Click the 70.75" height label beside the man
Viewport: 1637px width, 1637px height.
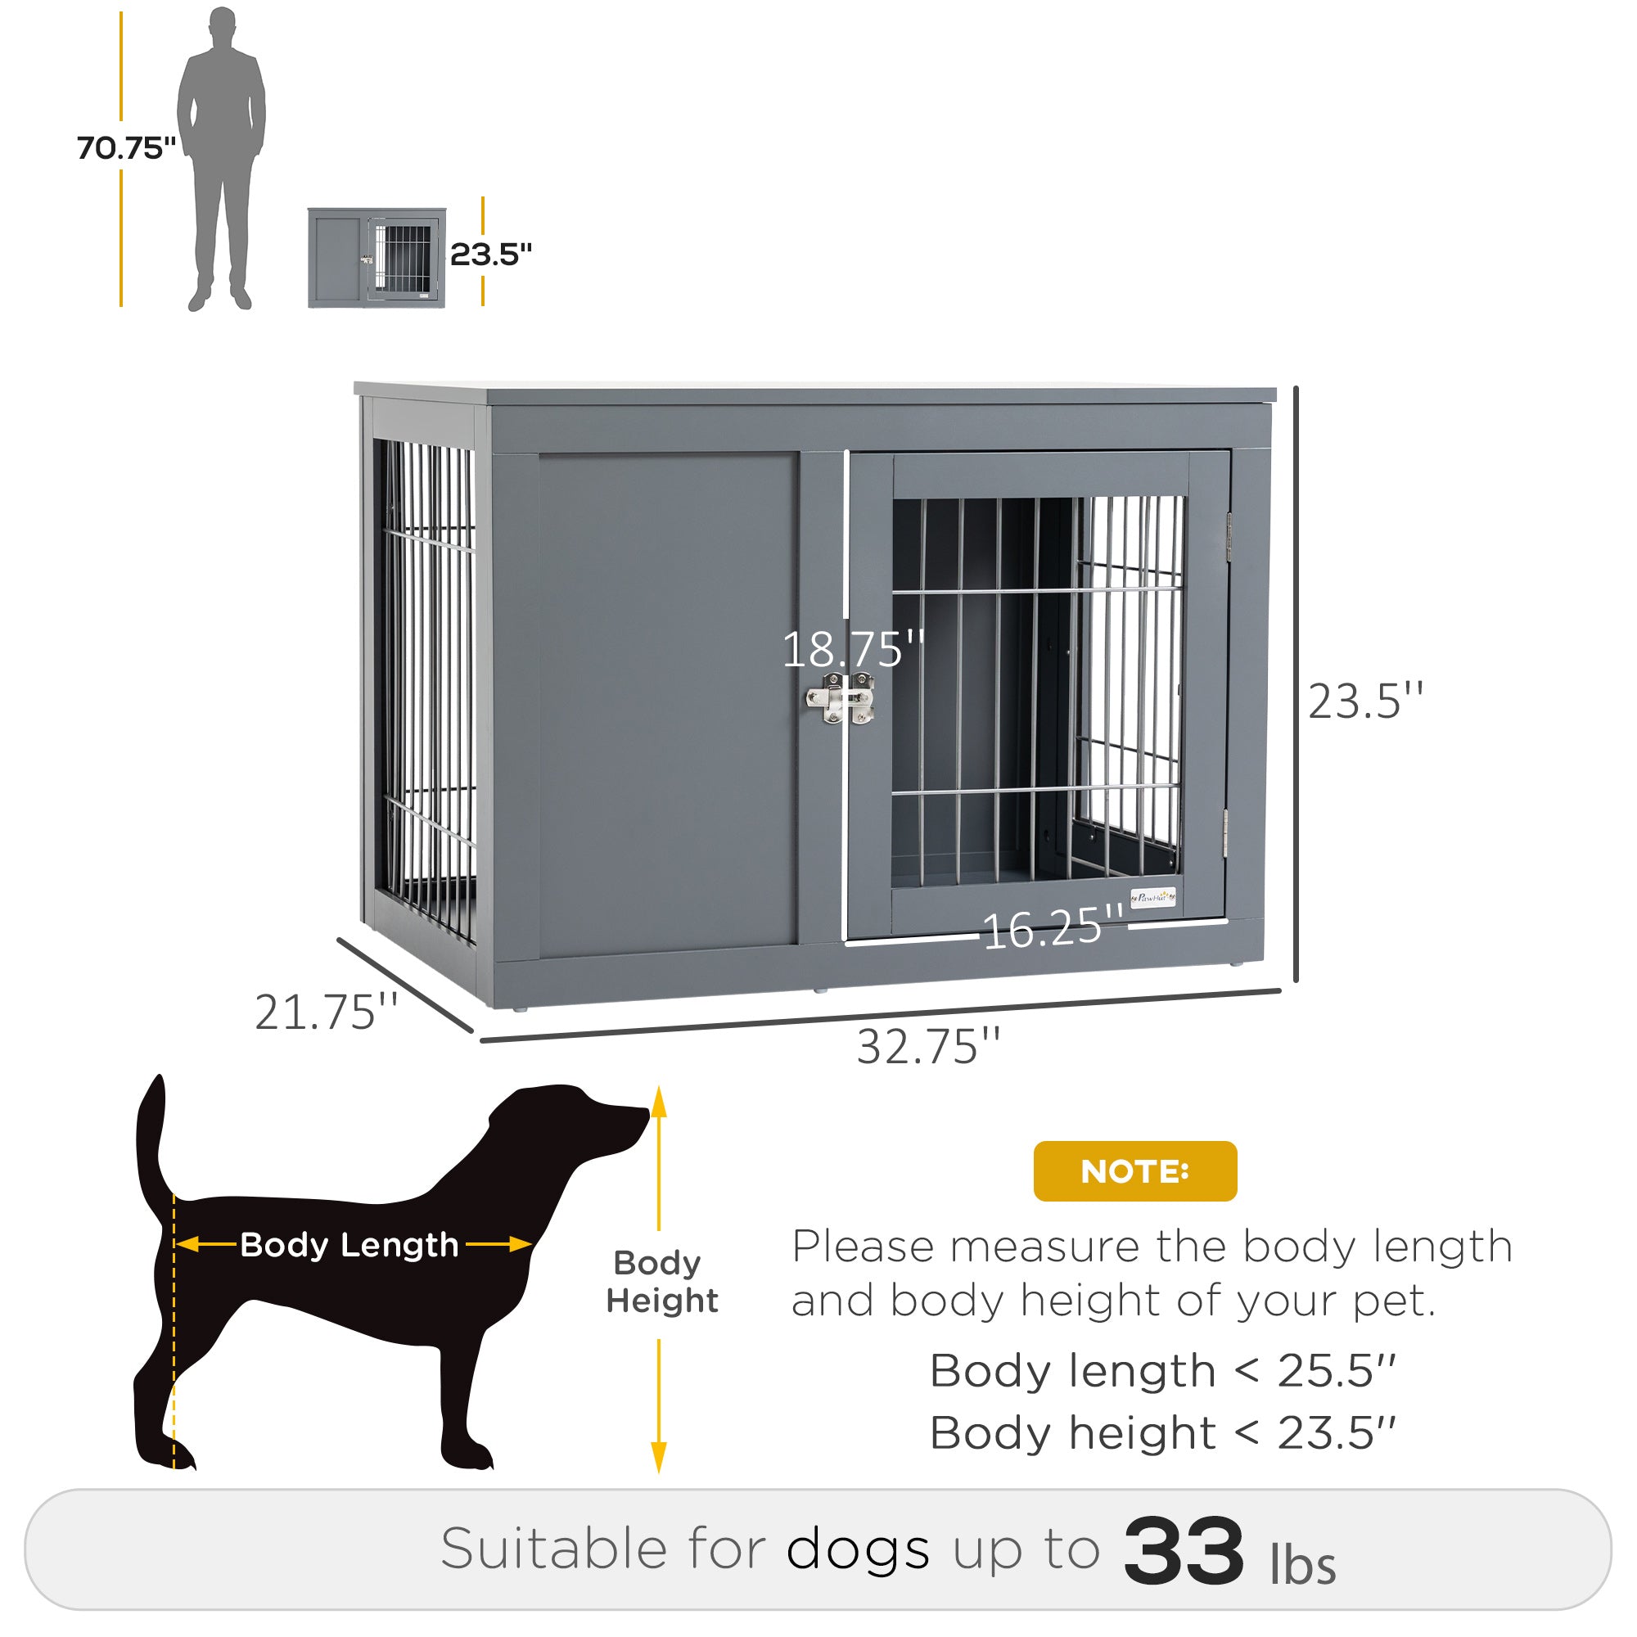click(x=125, y=147)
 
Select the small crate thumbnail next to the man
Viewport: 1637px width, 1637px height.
click(x=377, y=258)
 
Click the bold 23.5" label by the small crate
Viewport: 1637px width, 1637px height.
click(x=490, y=255)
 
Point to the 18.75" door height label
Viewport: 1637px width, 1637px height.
click(x=852, y=650)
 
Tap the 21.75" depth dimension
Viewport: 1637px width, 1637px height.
click(x=327, y=1012)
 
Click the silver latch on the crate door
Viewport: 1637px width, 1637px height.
click(x=840, y=699)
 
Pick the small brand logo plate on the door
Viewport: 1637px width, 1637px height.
click(x=1153, y=897)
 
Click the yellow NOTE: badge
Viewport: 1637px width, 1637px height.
click(x=1134, y=1171)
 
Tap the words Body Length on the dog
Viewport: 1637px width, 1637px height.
click(x=349, y=1245)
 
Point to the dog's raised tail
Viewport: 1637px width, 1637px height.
click(x=151, y=1135)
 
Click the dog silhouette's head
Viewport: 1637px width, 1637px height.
click(x=584, y=1118)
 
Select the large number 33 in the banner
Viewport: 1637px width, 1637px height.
click(x=1183, y=1550)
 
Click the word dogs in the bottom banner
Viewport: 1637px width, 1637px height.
click(x=858, y=1550)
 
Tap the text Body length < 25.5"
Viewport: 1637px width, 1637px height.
click(x=1161, y=1370)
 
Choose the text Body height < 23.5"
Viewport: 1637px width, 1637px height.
click(x=1161, y=1433)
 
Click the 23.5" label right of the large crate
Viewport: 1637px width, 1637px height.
click(x=1365, y=701)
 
